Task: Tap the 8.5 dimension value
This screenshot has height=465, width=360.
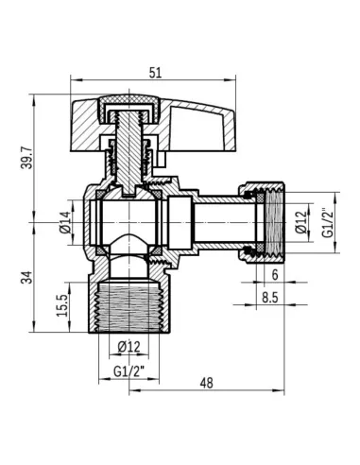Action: tap(269, 299)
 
